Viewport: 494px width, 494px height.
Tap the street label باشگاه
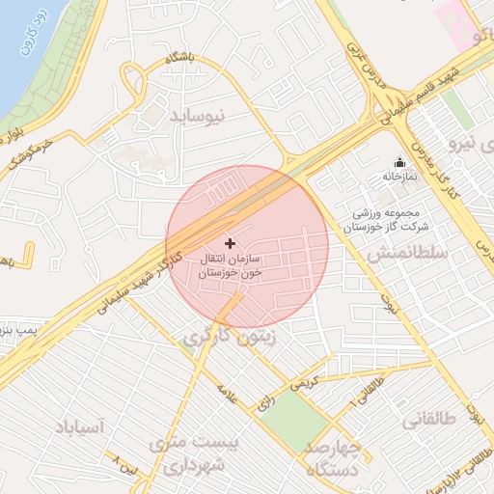coord(179,59)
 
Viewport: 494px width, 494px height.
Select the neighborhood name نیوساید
coord(197,116)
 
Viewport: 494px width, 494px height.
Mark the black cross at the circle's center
coord(229,243)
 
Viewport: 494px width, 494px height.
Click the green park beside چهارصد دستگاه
coord(295,416)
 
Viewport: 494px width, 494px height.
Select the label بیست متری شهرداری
coord(192,454)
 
